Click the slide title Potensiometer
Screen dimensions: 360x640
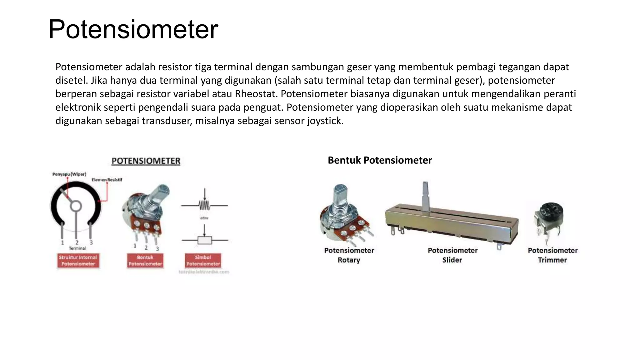pos(133,29)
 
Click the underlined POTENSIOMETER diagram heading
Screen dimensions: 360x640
pos(146,161)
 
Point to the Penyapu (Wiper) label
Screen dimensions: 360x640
pos(69,174)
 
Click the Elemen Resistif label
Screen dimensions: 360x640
pos(107,180)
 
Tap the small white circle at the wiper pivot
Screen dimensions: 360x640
pos(76,206)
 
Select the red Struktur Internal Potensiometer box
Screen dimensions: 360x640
pos(78,261)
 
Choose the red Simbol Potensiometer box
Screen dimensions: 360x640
pos(203,261)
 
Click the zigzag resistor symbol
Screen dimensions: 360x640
pos(204,205)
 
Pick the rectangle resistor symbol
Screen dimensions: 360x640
pos(205,240)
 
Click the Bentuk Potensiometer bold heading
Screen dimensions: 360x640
pos(380,160)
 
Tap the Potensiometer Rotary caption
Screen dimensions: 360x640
pos(349,255)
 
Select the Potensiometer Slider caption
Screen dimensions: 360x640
pos(452,255)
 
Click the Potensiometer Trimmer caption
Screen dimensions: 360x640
pos(552,255)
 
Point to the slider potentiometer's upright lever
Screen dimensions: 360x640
pos(425,195)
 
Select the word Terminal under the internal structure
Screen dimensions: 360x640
pos(77,248)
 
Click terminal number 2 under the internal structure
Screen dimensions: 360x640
pos(77,242)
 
